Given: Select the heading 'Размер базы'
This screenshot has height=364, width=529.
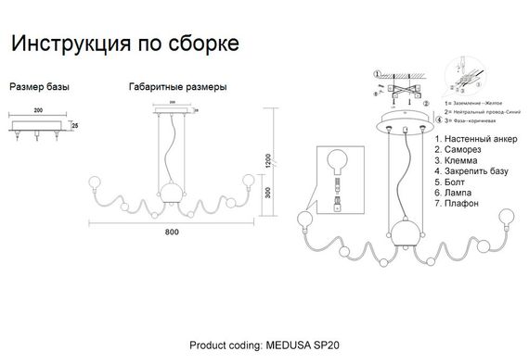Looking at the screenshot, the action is [x=39, y=87].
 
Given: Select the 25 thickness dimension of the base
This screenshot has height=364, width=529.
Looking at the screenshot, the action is [x=75, y=124].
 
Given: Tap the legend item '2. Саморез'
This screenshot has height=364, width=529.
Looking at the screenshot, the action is [x=458, y=149].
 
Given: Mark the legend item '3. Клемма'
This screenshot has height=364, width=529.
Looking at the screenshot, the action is [x=456, y=160].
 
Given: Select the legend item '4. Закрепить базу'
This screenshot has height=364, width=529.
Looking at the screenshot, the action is [x=471, y=171].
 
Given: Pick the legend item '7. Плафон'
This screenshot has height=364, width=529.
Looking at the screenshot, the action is [x=456, y=203].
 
